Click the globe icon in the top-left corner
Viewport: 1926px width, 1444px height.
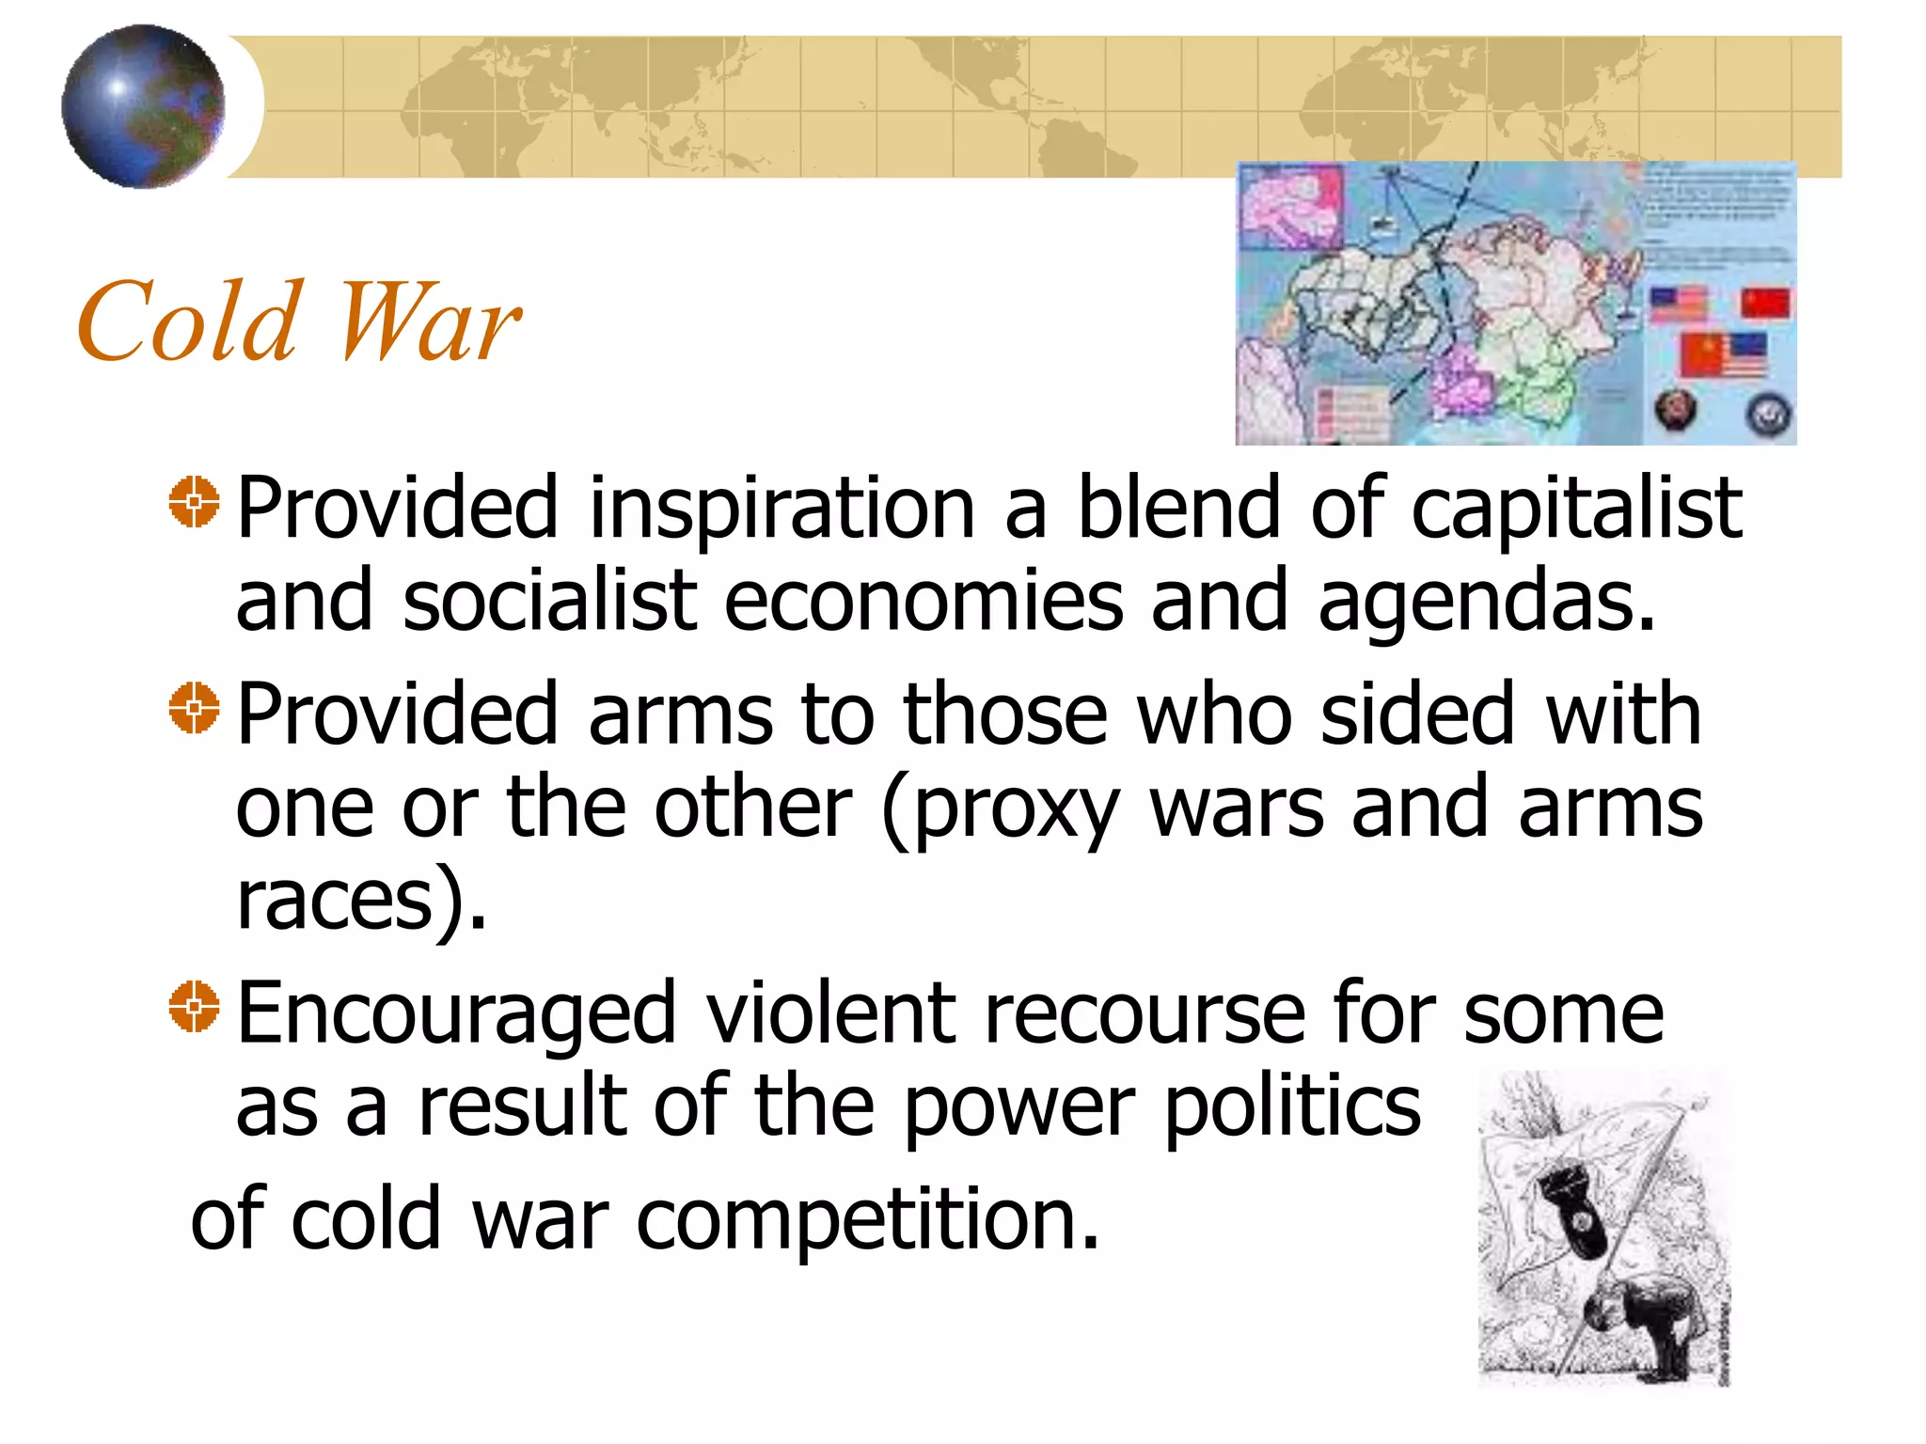pyautogui.click(x=143, y=106)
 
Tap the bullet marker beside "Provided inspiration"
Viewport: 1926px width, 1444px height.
pyautogui.click(x=194, y=502)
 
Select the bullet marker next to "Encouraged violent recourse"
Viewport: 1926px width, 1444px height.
pyautogui.click(x=194, y=1007)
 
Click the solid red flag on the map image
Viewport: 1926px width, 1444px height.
pyautogui.click(x=1765, y=303)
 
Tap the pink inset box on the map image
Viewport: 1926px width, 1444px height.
pyautogui.click(x=1291, y=206)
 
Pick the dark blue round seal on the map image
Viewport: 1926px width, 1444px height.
pyautogui.click(x=1768, y=414)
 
